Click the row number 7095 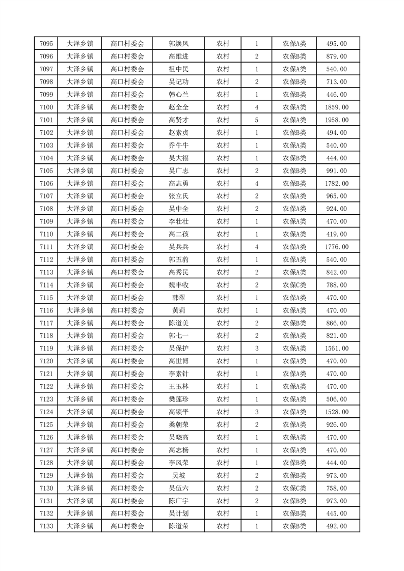click(x=46, y=44)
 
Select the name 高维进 click(x=178, y=56)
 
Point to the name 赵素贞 click(x=178, y=133)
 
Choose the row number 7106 click(x=46, y=184)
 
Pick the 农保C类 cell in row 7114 click(x=294, y=285)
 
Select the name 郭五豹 click(x=178, y=260)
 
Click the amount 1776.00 click(x=337, y=247)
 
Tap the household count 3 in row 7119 click(x=257, y=349)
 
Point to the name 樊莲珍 click(x=178, y=399)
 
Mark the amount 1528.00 click(x=337, y=412)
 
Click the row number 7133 click(x=46, y=526)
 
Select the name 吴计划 click(x=178, y=513)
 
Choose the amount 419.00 click(x=337, y=234)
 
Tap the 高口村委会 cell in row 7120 click(x=127, y=361)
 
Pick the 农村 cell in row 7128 click(x=223, y=463)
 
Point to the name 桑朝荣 click(x=178, y=424)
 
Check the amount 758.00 click(x=337, y=488)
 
